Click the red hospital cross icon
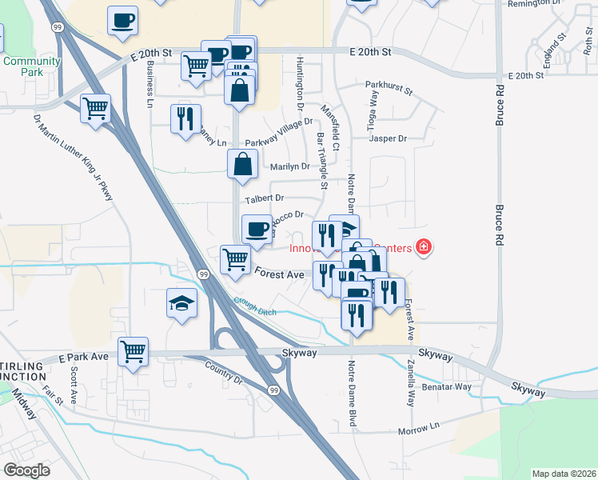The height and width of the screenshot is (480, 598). click(423, 247)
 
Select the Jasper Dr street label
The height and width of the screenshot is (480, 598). click(388, 138)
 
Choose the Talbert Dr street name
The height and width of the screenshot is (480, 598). click(265, 198)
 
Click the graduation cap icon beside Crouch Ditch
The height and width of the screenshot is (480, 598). click(181, 303)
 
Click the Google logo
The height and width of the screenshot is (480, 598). click(26, 470)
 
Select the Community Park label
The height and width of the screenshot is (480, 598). click(31, 66)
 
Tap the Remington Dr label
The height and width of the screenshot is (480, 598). click(532, 4)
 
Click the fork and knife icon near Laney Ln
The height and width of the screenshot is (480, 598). click(185, 118)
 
